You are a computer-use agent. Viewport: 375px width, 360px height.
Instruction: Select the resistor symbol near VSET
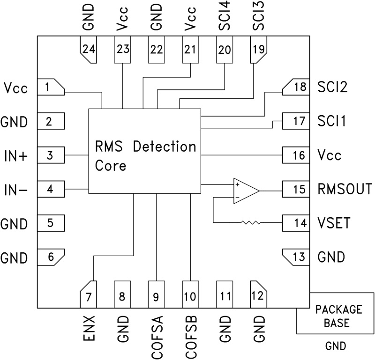251,222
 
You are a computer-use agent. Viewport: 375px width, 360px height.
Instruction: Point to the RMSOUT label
345,190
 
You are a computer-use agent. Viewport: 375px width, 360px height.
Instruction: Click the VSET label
334,223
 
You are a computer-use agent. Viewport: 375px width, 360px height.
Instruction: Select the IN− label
15,190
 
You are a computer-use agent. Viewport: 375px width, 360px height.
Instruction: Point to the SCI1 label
331,122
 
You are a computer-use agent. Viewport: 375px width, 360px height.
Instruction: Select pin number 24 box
89,50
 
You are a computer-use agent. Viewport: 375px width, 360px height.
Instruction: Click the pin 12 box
258,294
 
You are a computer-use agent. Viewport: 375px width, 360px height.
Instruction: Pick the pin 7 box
89,294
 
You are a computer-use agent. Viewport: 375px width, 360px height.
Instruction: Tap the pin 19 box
258,50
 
